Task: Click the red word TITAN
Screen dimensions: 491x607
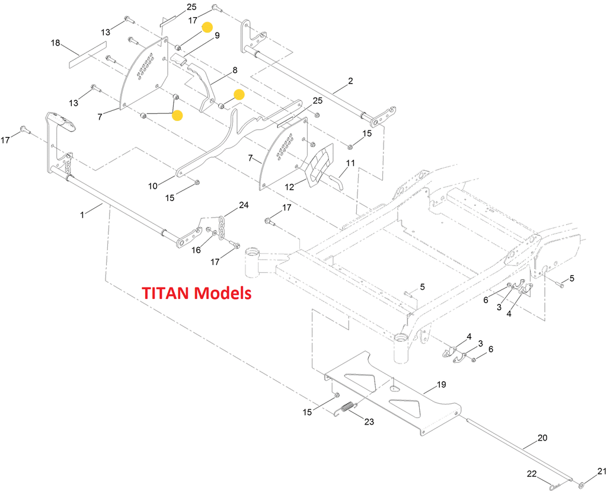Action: [x=167, y=293]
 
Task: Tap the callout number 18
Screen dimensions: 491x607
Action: [x=55, y=43]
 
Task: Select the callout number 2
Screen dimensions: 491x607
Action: [x=350, y=81]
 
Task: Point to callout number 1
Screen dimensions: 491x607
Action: [x=82, y=212]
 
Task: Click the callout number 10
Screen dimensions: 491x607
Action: [x=153, y=186]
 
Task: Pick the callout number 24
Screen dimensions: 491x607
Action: [x=244, y=205]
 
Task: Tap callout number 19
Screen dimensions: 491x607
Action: [x=441, y=385]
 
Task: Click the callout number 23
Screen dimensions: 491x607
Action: [x=369, y=422]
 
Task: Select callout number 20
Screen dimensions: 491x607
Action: [x=542, y=438]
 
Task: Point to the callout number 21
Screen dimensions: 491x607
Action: [x=602, y=472]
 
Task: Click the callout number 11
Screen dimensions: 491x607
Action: [x=350, y=162]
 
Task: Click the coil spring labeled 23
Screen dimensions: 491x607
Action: [x=347, y=409]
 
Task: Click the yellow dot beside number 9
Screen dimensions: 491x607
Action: [x=207, y=27]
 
